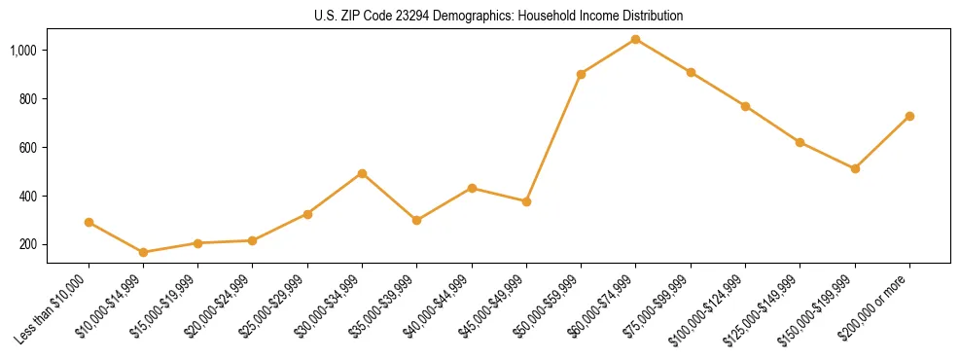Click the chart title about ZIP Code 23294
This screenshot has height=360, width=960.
coord(498,17)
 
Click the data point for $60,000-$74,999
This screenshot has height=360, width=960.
coord(635,39)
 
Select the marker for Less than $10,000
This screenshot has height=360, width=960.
coord(89,222)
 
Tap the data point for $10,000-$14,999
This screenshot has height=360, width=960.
coord(143,252)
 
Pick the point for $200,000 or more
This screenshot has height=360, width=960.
coord(909,116)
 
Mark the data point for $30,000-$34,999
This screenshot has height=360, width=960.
coord(362,173)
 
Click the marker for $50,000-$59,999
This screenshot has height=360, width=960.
coord(581,74)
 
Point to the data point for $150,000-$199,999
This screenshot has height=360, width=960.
coord(855,168)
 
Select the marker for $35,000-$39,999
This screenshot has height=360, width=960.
coord(416,220)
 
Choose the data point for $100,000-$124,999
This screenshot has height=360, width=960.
coord(745,106)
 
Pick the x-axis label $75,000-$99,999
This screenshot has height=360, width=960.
coord(657,309)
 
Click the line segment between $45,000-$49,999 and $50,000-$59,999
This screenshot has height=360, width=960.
coord(553,137)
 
